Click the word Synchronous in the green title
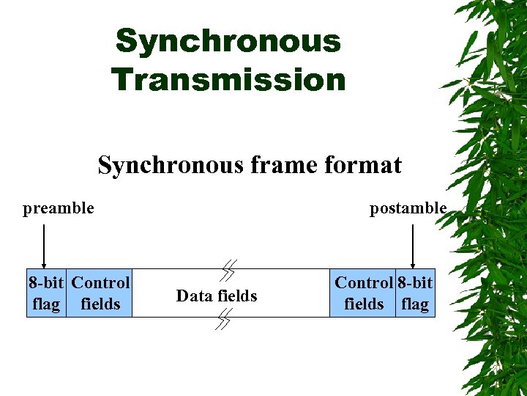pyautogui.click(x=228, y=41)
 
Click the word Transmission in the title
pyautogui.click(x=228, y=79)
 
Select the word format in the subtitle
pyautogui.click(x=361, y=165)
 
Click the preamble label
pyautogui.click(x=59, y=208)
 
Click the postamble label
pyautogui.click(x=408, y=208)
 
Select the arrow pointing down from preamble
pyautogui.click(x=45, y=246)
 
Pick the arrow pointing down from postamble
pyautogui.click(x=414, y=246)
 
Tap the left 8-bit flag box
pyautogui.click(x=46, y=293)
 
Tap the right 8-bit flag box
pyautogui.click(x=415, y=293)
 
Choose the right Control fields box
pyautogui.click(x=364, y=293)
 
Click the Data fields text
pyautogui.click(x=217, y=296)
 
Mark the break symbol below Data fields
pyautogui.click(x=224, y=319)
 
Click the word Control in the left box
pyautogui.click(x=101, y=282)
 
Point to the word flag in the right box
pyautogui.click(x=415, y=304)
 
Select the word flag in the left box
pyautogui.click(x=46, y=304)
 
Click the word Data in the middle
pyautogui.click(x=194, y=296)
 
